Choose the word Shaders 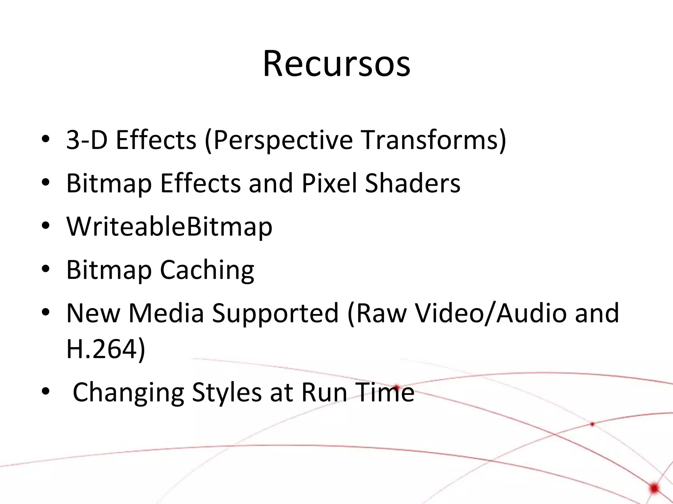click(413, 183)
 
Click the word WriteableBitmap click(169, 226)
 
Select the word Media click(166, 313)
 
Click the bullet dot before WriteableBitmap click(46, 226)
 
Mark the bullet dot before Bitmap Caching click(46, 269)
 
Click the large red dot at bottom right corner click(655, 488)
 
